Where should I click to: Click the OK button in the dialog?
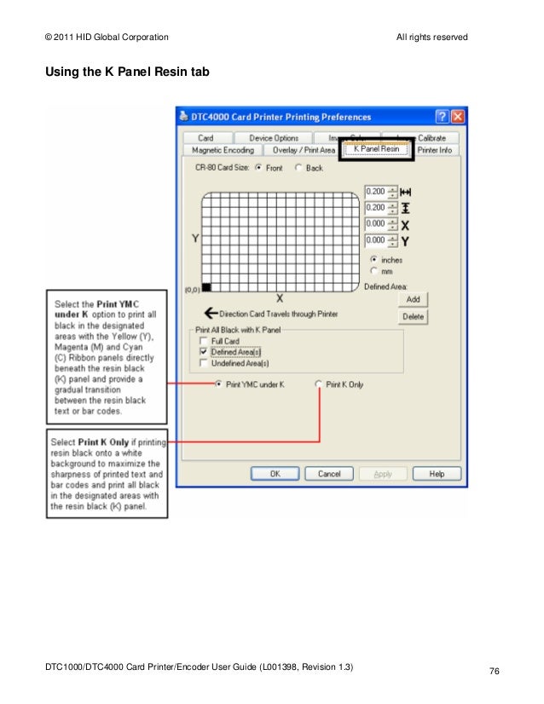(x=275, y=473)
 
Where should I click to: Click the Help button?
(x=437, y=473)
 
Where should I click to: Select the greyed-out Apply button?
(x=384, y=473)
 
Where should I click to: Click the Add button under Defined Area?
(x=413, y=300)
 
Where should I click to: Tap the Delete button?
(x=413, y=316)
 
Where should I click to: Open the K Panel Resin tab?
(x=376, y=149)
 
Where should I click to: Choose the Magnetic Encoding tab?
(x=223, y=150)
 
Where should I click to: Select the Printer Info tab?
(x=434, y=150)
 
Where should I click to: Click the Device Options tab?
(x=274, y=137)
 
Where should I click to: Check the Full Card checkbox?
(x=203, y=341)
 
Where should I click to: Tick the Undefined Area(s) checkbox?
(x=203, y=362)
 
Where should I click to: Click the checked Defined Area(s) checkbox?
(x=203, y=351)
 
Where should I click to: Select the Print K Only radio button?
(x=319, y=384)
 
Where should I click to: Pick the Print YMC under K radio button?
(x=219, y=384)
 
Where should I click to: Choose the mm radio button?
(x=373, y=271)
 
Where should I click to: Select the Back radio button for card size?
(x=298, y=168)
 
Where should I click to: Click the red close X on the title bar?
(x=458, y=117)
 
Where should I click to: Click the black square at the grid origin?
(x=206, y=287)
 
